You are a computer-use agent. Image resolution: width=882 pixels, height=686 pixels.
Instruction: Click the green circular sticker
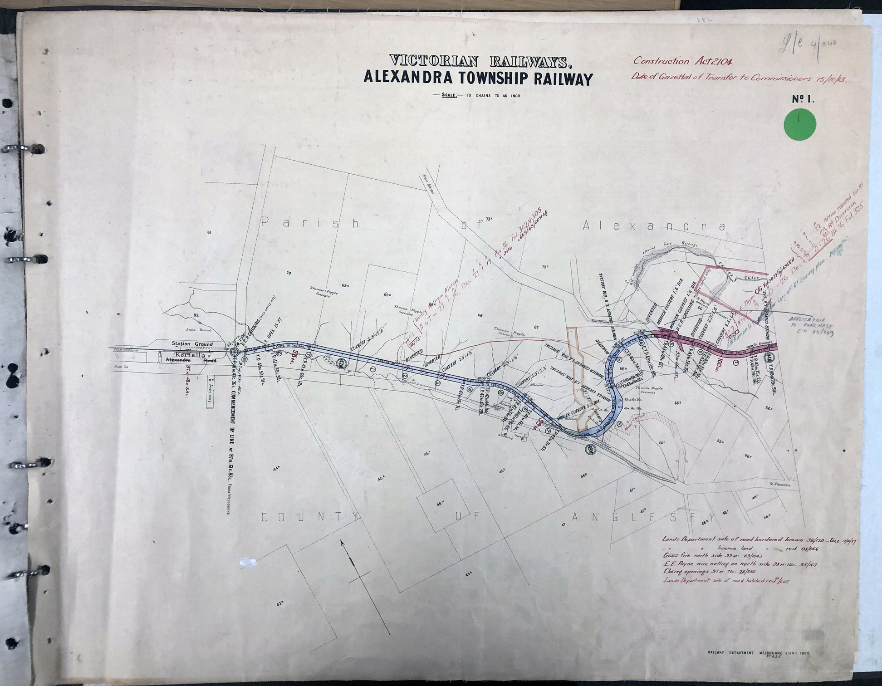(799, 124)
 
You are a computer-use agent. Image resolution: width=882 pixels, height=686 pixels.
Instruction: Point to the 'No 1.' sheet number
(803, 99)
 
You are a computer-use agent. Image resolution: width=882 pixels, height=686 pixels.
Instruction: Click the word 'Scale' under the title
(449, 95)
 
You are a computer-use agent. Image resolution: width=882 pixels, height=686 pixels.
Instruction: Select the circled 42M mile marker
(342, 363)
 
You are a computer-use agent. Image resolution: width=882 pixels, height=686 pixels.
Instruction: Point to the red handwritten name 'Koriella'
(190, 354)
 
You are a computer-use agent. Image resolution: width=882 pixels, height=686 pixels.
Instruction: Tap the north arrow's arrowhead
(343, 543)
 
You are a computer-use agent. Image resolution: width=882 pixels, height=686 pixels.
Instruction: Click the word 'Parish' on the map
(310, 223)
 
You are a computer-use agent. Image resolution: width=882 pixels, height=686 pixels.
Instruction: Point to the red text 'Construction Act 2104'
(682, 61)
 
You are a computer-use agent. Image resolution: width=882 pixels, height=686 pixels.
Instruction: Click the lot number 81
(209, 232)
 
